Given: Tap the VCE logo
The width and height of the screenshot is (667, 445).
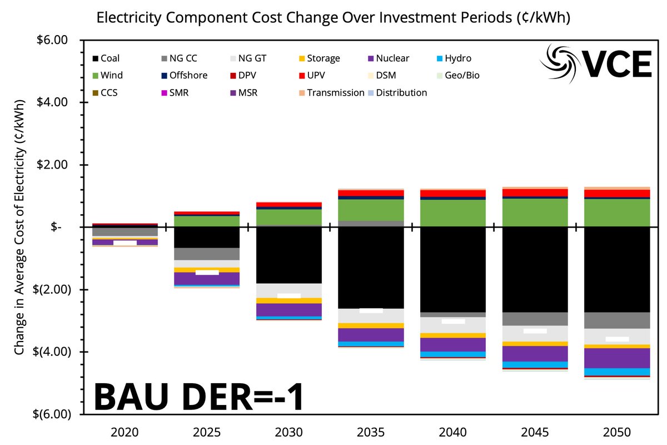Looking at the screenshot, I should coord(597,63).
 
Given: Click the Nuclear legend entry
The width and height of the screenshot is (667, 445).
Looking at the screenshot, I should coord(392,58).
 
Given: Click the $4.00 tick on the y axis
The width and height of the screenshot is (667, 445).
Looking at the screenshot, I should coord(52,102).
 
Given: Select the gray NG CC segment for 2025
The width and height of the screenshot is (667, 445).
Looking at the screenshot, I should coord(207,254).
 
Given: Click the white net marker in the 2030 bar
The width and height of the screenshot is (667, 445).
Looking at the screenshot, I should coord(289,295).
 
